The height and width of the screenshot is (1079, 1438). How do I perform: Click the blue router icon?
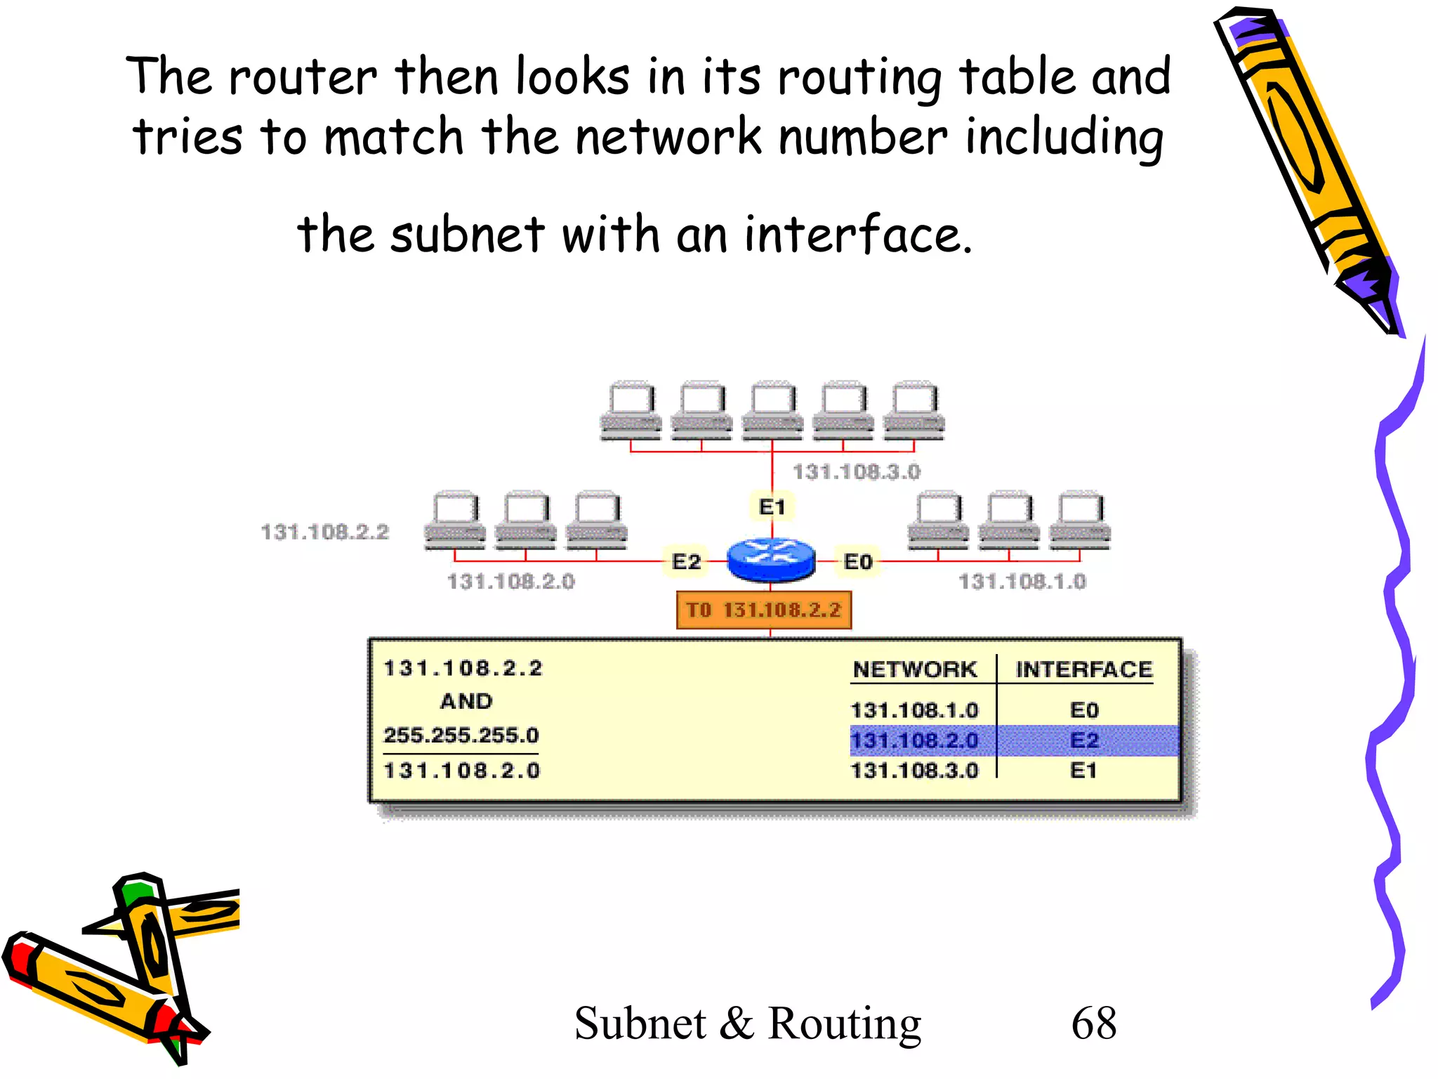(771, 559)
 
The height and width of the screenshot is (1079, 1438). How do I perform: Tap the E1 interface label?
(772, 506)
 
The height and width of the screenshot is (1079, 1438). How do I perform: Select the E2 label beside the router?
(686, 561)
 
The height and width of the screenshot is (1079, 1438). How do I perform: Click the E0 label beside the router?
(857, 561)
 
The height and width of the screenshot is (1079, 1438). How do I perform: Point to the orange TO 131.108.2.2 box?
(764, 610)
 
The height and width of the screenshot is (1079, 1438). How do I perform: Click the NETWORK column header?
(914, 669)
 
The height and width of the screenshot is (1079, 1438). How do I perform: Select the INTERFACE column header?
(1083, 669)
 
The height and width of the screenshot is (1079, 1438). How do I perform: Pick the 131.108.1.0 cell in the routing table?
(914, 710)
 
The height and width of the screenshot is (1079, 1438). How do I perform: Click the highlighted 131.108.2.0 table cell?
(914, 740)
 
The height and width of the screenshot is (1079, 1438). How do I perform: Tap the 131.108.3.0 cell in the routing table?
(914, 771)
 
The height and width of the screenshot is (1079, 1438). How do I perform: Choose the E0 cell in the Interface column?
(1083, 710)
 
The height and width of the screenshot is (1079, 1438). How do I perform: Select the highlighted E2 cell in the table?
(1083, 740)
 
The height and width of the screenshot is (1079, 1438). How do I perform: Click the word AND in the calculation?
(466, 701)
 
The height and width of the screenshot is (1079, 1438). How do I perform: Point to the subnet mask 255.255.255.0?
(461, 735)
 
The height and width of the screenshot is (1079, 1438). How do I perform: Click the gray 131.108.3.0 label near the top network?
(857, 471)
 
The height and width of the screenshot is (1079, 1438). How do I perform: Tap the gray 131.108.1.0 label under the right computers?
(1022, 581)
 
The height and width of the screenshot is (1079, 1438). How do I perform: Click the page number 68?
(1093, 1023)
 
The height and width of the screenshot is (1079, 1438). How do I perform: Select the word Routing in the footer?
(844, 1024)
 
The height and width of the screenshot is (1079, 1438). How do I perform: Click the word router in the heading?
(303, 77)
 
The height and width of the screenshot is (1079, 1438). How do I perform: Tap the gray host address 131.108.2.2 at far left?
(325, 532)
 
